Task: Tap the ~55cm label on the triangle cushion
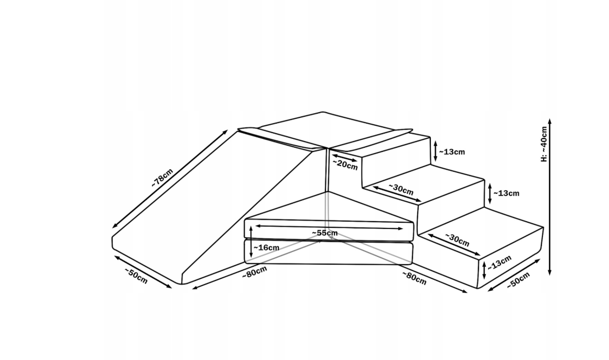324,233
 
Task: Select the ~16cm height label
266,247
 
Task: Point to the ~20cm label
345,165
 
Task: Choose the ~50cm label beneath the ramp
136,276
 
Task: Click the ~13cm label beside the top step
452,152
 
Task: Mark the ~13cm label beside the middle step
506,193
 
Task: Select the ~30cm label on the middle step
401,189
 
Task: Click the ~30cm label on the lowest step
457,240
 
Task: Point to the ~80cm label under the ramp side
255,272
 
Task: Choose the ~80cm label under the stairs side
414,278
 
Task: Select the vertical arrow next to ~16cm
251,242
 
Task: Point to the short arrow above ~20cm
344,158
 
